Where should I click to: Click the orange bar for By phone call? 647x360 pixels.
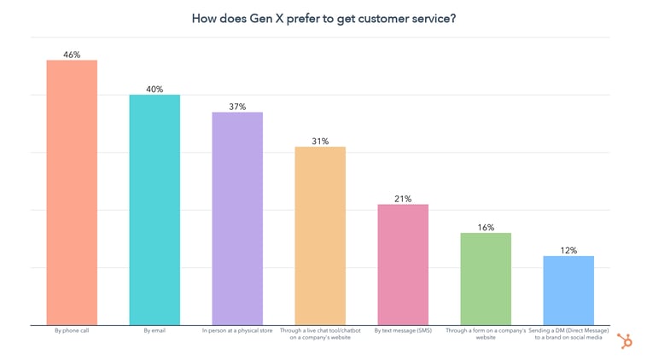coord(72,192)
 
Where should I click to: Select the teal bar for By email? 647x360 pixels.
coord(154,209)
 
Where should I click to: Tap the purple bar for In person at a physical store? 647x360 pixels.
coord(237,218)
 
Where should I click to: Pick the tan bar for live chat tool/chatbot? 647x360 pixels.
coord(320,235)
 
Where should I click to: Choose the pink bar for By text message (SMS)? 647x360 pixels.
coord(403,264)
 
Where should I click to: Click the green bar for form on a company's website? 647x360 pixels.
coord(486,278)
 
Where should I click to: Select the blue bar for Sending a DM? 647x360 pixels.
coord(568,290)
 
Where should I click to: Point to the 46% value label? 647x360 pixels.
coord(72,54)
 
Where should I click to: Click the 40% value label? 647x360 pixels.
coord(154,89)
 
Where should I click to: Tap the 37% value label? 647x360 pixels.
coord(237,107)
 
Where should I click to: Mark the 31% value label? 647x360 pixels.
coord(320,141)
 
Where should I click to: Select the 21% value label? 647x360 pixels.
coord(403,199)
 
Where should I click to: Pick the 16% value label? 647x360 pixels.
coord(486,227)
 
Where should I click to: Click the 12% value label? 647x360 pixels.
coord(568,250)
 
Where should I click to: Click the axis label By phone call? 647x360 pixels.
coord(72,330)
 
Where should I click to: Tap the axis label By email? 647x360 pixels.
coord(154,330)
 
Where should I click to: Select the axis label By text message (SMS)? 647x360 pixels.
coord(403,330)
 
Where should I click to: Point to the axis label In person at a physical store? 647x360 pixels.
coord(237,330)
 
